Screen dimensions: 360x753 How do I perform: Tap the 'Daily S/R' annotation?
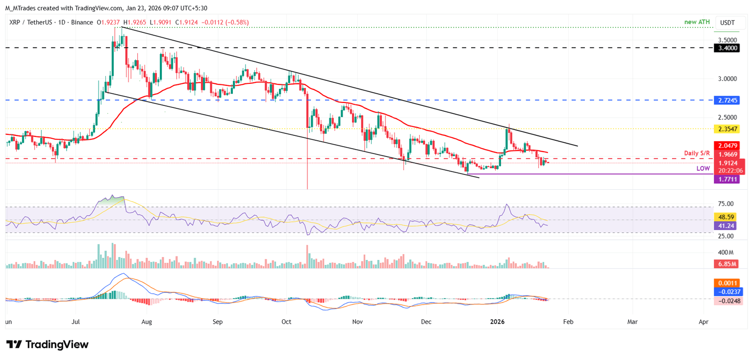(697, 154)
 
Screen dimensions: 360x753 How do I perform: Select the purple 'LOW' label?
(703, 168)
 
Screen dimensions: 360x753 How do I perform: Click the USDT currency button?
(728, 23)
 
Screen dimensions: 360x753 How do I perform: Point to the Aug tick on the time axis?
(147, 322)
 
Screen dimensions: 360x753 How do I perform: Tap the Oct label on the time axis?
(287, 322)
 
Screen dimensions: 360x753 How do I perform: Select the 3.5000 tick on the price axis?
(728, 40)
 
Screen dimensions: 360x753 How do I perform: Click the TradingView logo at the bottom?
(47, 344)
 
